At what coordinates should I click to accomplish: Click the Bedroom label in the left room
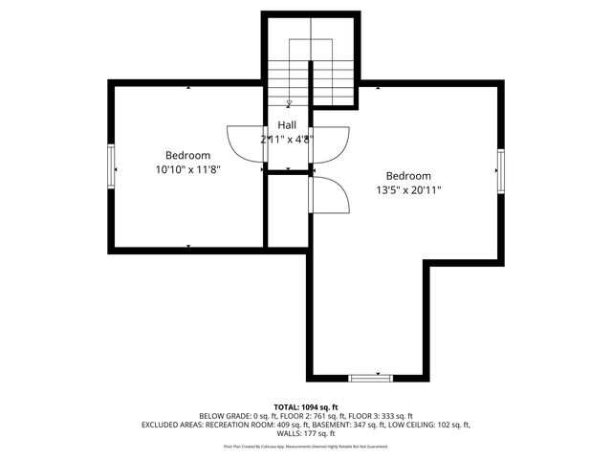187,155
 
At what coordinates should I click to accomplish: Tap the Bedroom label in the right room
408,176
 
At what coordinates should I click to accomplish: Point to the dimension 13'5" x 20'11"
408,190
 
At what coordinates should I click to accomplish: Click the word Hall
287,125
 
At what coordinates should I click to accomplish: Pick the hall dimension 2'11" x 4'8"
287,139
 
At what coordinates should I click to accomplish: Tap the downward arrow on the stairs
289,101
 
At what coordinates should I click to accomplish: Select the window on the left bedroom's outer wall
112,165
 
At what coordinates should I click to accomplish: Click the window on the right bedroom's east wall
499,170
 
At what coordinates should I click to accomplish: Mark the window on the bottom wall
370,379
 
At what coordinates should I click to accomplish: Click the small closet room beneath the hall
287,210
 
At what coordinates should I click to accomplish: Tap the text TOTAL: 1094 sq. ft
305,406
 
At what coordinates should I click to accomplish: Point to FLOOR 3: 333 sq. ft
382,416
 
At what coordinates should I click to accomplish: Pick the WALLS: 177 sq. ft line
305,433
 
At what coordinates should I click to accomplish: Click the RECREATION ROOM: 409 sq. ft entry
267,425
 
